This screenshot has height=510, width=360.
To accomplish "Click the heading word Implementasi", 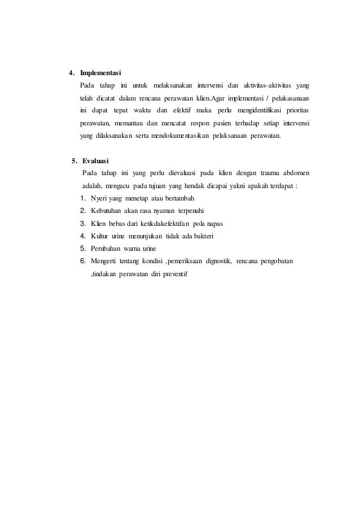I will pyautogui.click(x=100, y=73).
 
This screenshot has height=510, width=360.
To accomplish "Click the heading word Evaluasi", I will pyautogui.click(x=97, y=160).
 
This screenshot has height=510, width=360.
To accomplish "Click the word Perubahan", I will pyautogui.click(x=105, y=249).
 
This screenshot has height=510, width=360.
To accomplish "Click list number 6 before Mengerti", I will pyautogui.click(x=82, y=261).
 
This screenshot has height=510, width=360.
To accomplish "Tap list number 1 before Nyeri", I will pyautogui.click(x=82, y=198).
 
